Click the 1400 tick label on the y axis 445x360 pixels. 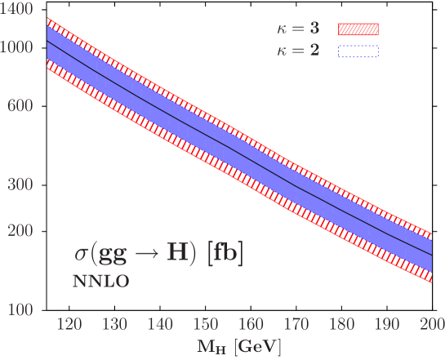[16, 9]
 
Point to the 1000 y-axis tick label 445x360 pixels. [16, 47]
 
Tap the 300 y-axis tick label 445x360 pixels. [20, 184]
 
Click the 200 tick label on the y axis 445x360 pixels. [20, 231]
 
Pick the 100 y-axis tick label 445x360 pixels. [20, 310]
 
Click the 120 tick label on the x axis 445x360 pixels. [70, 325]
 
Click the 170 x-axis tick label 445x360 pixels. [296, 325]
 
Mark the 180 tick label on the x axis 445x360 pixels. [341, 325]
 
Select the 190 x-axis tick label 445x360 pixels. [387, 325]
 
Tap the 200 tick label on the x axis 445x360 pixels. [430, 325]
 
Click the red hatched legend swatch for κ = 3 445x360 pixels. [358, 30]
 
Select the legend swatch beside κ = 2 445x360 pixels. [358, 51]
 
